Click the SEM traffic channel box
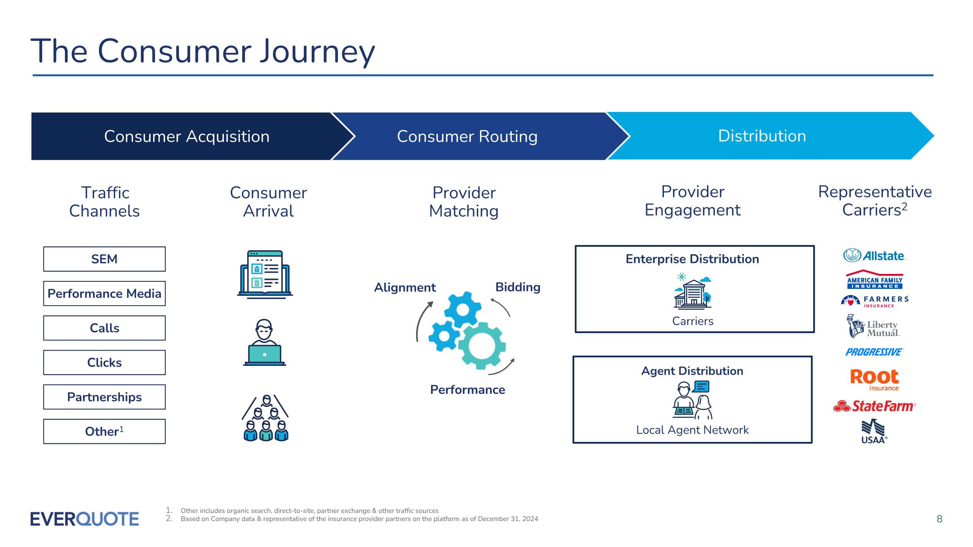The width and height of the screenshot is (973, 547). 104,259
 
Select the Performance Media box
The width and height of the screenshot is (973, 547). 104,293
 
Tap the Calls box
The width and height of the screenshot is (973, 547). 104,328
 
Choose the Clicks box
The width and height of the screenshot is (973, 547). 104,363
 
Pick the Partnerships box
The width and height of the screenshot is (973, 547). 104,397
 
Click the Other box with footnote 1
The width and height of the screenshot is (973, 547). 104,431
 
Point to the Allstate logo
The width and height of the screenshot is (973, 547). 874,256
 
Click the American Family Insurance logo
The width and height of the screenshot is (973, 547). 874,280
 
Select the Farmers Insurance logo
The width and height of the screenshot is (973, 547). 874,301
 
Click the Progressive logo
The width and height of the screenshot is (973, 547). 874,352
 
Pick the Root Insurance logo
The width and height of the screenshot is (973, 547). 874,379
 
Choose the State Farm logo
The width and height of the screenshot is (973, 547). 874,406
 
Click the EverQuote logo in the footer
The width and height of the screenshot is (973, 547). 85,519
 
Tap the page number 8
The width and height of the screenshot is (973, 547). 939,519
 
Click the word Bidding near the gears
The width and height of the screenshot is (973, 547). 517,287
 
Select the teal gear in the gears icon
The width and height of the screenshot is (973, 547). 482,346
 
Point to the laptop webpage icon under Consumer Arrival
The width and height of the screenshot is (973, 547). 265,274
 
